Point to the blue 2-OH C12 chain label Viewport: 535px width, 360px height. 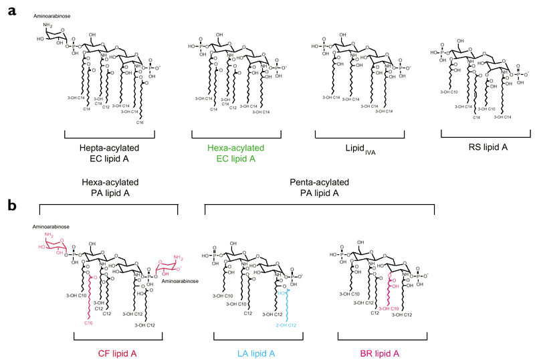click(286, 325)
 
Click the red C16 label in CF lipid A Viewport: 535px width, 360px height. click(88, 323)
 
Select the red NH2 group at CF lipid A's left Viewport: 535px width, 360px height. click(48, 236)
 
